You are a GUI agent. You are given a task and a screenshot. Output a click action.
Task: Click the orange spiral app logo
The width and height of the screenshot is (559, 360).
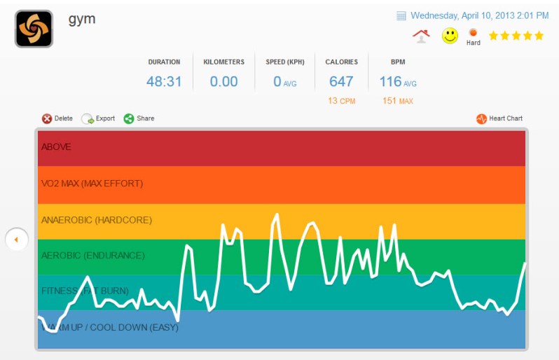(x=34, y=29)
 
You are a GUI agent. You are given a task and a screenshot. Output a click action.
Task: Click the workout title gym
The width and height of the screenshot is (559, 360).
(x=82, y=19)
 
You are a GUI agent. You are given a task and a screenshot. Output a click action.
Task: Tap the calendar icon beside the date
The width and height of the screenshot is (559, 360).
(x=401, y=15)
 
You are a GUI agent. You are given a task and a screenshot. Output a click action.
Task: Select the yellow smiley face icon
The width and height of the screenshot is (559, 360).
(x=450, y=36)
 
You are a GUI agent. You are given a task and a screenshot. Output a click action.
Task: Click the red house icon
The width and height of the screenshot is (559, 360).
(x=421, y=36)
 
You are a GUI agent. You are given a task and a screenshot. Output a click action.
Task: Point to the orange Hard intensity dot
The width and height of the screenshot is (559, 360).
(x=473, y=32)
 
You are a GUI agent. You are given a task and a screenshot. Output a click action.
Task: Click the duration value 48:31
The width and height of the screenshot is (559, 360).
(x=164, y=81)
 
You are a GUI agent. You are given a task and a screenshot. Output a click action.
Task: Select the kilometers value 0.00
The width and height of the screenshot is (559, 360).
(x=224, y=81)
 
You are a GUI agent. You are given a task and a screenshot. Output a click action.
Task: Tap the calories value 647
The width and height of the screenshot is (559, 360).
(x=341, y=81)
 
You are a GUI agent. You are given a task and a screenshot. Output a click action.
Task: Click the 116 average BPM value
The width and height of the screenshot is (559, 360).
(x=391, y=81)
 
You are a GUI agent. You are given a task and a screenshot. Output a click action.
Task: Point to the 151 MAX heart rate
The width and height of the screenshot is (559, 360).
(x=398, y=101)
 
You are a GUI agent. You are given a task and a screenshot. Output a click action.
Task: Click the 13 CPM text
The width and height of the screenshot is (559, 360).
(x=341, y=101)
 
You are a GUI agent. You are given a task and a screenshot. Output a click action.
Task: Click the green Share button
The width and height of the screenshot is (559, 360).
(x=139, y=118)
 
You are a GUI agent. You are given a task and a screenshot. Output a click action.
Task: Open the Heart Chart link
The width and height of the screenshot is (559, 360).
(x=499, y=118)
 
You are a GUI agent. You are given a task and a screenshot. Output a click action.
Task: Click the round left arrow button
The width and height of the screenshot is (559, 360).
(x=16, y=240)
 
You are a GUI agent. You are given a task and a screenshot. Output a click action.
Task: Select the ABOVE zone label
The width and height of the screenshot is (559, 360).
(x=56, y=147)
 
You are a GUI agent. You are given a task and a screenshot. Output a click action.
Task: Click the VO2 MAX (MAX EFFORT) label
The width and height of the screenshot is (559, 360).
(x=92, y=184)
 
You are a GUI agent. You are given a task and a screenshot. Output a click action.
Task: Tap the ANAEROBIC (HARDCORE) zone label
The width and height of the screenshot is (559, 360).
(x=96, y=220)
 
